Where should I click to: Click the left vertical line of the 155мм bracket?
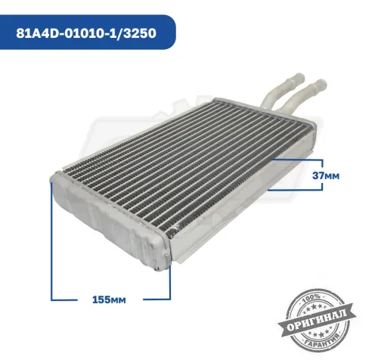51,242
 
